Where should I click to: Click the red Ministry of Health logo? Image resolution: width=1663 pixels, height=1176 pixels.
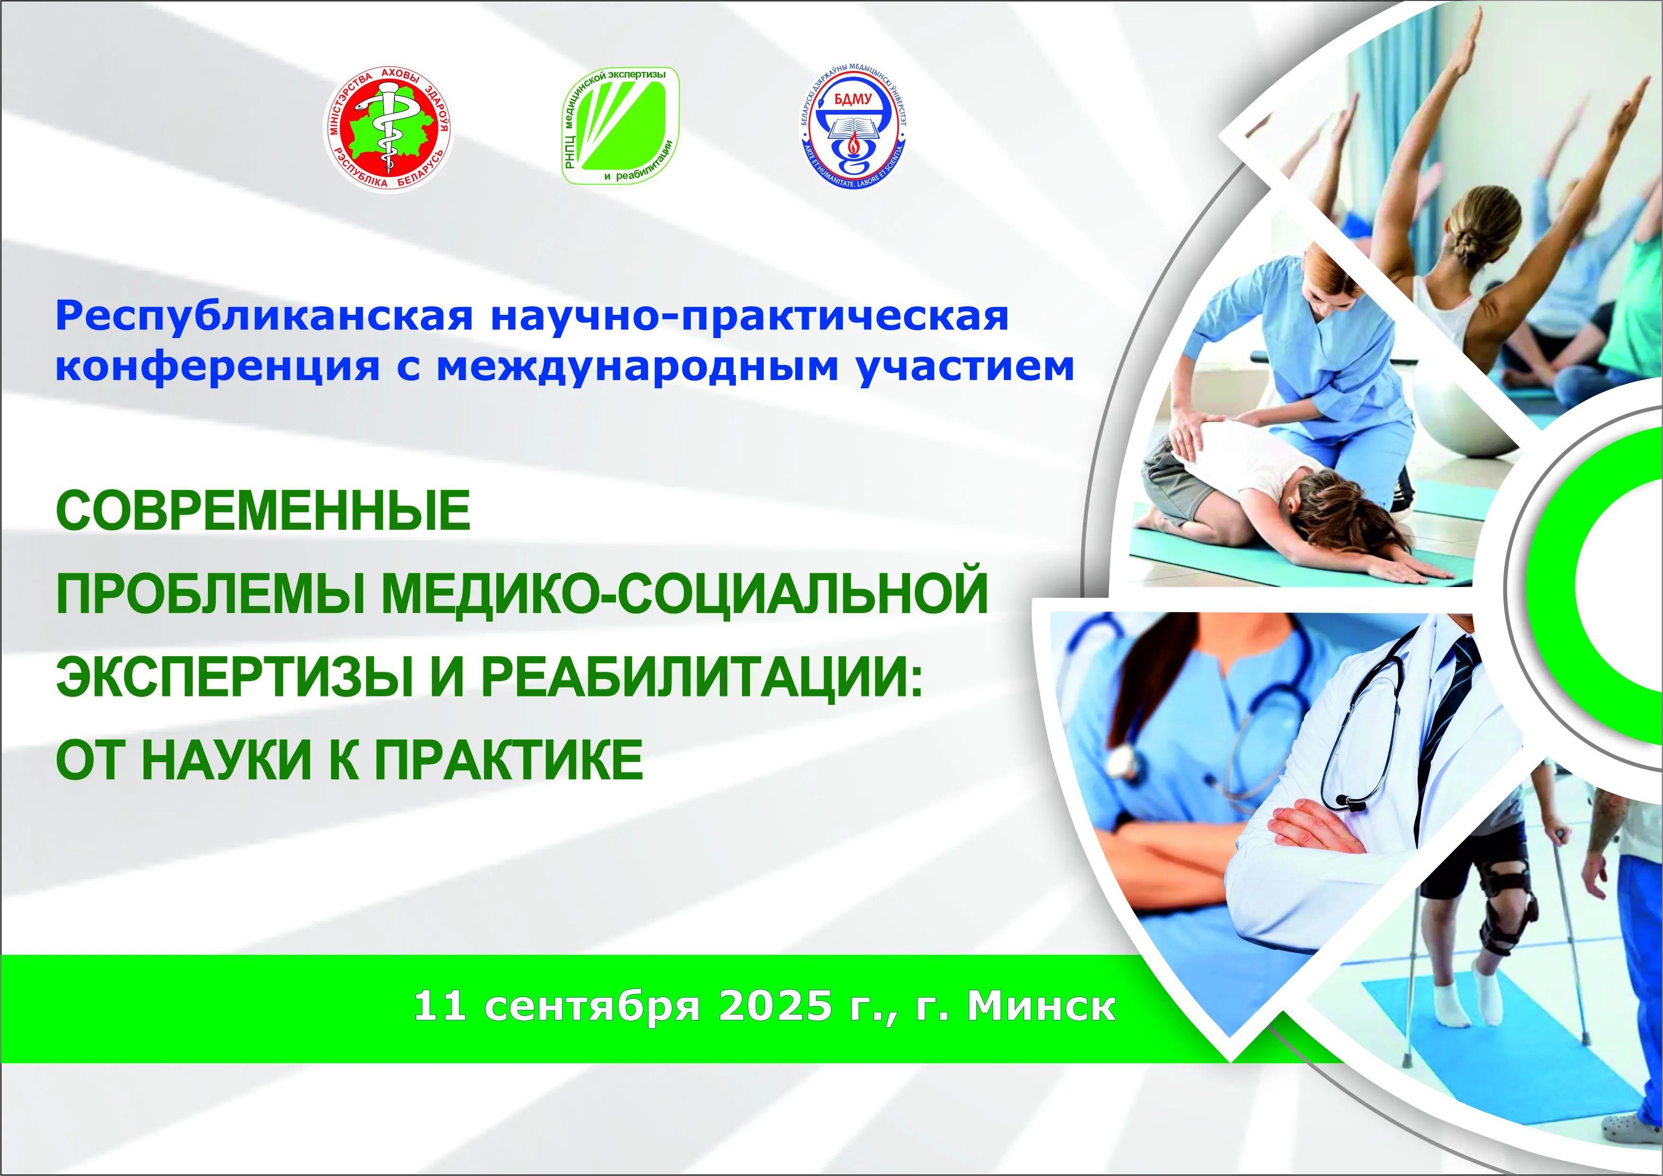(x=389, y=130)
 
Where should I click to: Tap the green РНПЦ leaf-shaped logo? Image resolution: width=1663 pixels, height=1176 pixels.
(x=621, y=125)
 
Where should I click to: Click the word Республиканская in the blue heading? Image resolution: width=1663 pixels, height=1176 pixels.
(x=264, y=316)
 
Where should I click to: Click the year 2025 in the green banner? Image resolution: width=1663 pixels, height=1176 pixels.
(x=775, y=1006)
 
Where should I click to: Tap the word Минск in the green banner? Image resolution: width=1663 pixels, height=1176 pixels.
(x=1042, y=1006)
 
